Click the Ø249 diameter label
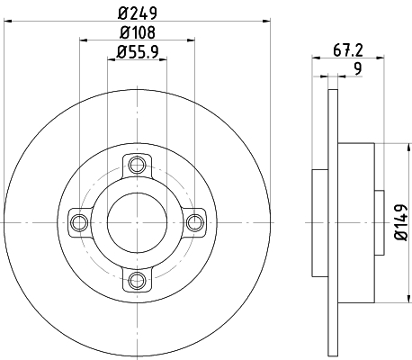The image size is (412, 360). [137, 14]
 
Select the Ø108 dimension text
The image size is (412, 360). [137, 34]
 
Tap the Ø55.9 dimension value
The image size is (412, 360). [138, 53]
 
